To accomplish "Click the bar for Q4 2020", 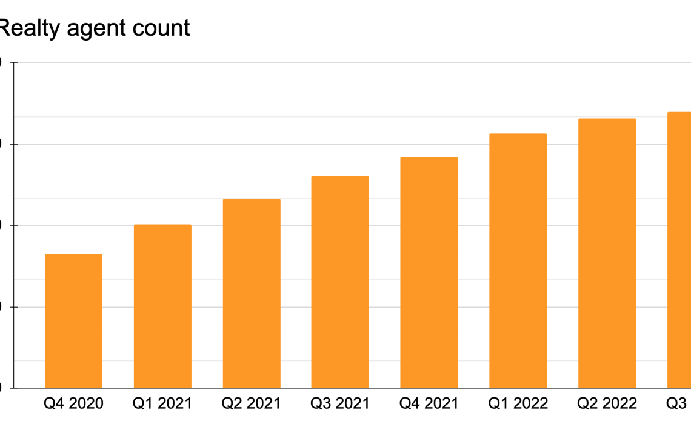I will point(74,321).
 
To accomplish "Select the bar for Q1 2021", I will point(162,306).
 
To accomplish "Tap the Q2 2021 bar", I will point(252,294).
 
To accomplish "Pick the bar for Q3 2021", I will point(340,282).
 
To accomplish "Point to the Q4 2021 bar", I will point(429,273).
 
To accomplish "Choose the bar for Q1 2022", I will point(518,261).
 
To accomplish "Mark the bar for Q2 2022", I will point(607,253).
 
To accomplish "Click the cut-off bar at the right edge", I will point(679,250).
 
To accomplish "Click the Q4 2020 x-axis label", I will point(74,403).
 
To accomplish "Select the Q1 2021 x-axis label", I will point(162,403).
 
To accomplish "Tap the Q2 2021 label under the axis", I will point(252,403).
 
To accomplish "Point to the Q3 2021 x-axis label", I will point(340,403).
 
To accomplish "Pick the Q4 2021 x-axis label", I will point(429,403).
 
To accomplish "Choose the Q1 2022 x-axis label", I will point(518,403).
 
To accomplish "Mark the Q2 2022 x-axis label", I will point(607,403).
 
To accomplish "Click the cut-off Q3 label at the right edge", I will point(678,403).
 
